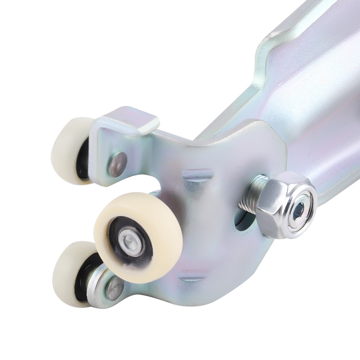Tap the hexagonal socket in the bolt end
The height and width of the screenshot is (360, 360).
click(302, 208)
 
